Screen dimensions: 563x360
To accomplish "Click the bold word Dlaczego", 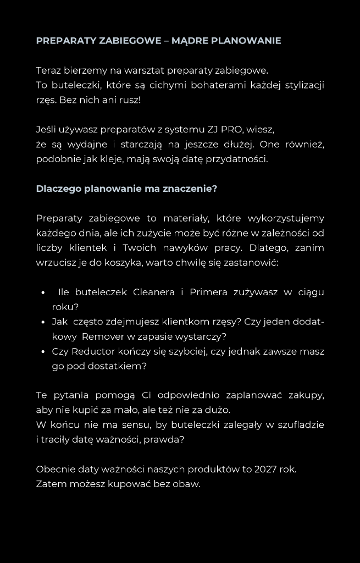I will [58, 189].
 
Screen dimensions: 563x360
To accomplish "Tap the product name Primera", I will [208, 292].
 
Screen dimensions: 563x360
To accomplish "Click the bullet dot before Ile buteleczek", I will [43, 292].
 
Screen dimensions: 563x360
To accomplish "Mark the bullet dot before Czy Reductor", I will [43, 351].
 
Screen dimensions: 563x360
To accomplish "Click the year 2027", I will [267, 470].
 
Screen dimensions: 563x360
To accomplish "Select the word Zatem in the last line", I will [50, 484].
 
